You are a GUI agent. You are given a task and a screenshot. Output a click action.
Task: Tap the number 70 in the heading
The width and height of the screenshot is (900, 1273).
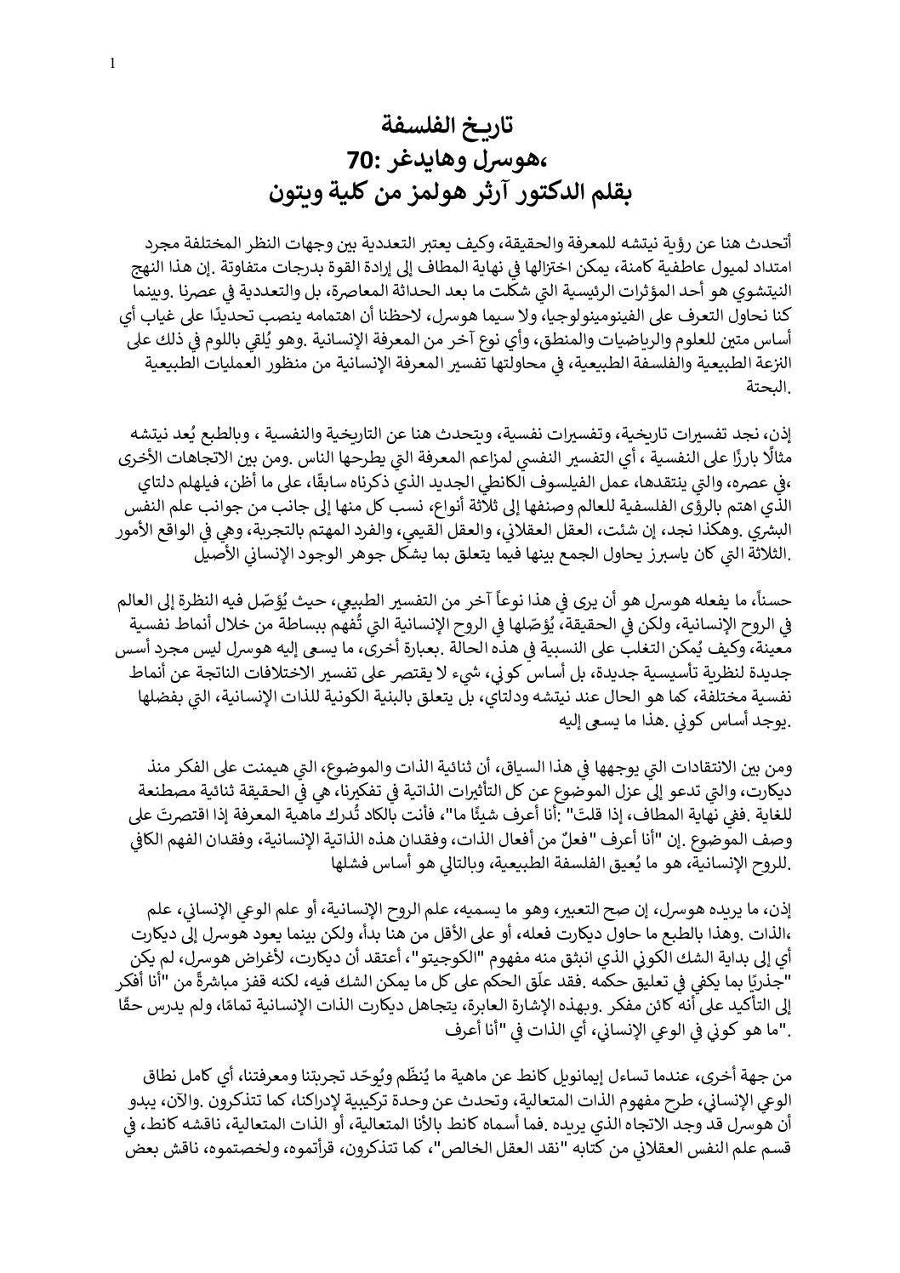click(365, 158)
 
